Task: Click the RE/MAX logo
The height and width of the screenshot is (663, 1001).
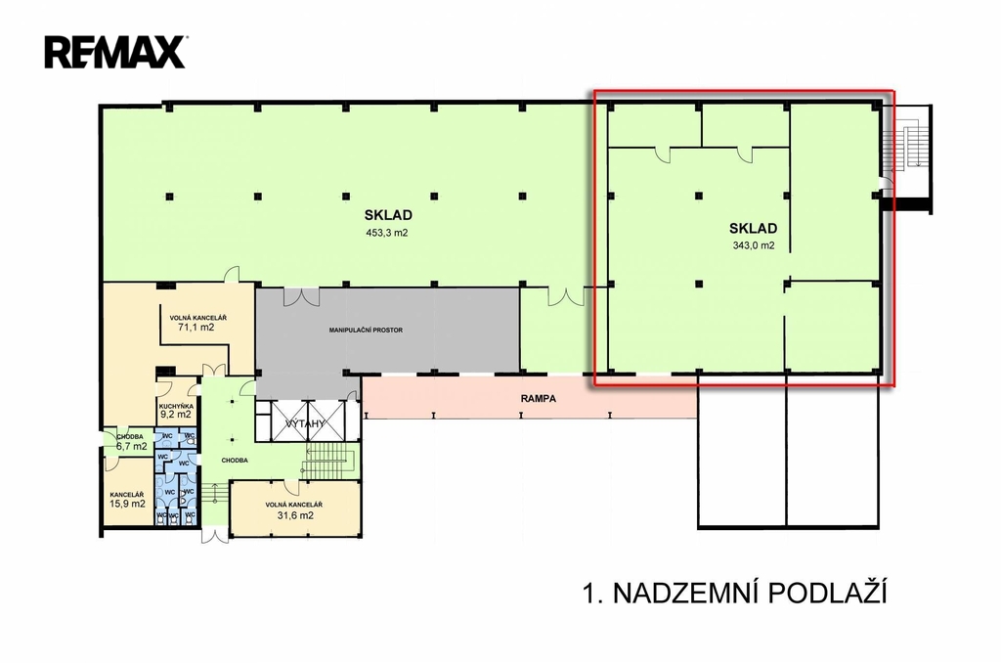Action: click(x=115, y=53)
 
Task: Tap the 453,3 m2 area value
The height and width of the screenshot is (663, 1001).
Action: click(x=387, y=233)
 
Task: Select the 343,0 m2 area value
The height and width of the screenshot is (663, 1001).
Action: click(x=754, y=245)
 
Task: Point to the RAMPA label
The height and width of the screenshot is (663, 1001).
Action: click(x=539, y=399)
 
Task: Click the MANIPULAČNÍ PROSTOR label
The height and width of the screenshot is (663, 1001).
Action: click(x=366, y=331)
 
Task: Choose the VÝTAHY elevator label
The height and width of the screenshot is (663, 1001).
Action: click(x=305, y=423)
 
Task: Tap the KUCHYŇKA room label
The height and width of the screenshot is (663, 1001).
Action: click(x=176, y=406)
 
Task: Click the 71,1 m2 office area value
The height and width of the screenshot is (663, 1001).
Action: click(x=196, y=328)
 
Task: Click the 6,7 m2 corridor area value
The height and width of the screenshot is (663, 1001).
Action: click(x=132, y=447)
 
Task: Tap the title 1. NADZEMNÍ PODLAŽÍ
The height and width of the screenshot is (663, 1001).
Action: click(x=735, y=594)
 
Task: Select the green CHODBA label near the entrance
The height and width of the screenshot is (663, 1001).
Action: click(x=235, y=460)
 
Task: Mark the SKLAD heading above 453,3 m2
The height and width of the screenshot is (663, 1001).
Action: click(x=388, y=215)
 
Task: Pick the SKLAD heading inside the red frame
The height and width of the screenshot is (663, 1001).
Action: click(x=754, y=229)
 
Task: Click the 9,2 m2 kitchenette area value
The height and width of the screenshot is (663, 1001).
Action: click(x=176, y=414)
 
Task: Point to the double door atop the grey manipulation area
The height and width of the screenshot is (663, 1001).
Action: click(x=301, y=296)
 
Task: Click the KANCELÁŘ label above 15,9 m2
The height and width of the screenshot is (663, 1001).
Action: click(x=126, y=495)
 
